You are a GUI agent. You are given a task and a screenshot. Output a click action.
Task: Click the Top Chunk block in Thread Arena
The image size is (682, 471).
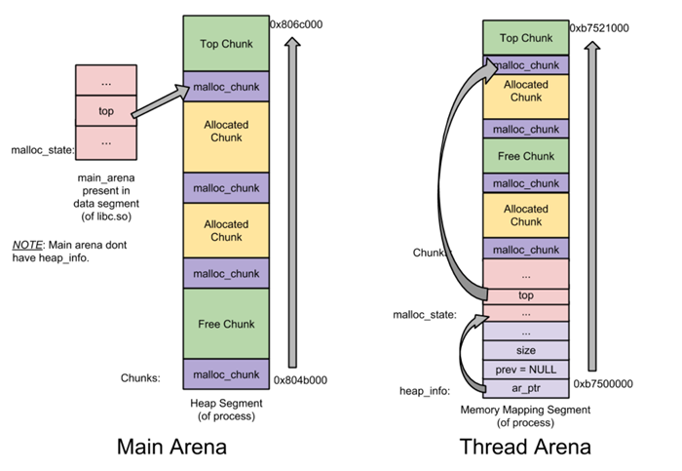[525, 38]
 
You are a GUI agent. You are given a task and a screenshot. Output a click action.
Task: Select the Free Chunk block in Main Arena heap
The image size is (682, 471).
[226, 323]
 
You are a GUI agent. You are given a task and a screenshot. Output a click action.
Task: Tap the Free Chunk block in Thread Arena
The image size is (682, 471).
[525, 156]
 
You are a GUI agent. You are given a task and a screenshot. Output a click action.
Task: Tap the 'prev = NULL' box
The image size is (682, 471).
[525, 369]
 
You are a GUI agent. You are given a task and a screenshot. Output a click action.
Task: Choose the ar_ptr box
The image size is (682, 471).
[525, 388]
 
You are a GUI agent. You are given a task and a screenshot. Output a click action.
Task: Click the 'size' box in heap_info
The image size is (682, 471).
[525, 350]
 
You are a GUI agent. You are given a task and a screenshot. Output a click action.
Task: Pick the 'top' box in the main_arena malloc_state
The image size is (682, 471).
[106, 111]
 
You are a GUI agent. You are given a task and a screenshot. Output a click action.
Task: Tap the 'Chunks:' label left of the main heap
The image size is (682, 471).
[142, 375]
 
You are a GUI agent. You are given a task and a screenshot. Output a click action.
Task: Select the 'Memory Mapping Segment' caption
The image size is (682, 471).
[525, 410]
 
